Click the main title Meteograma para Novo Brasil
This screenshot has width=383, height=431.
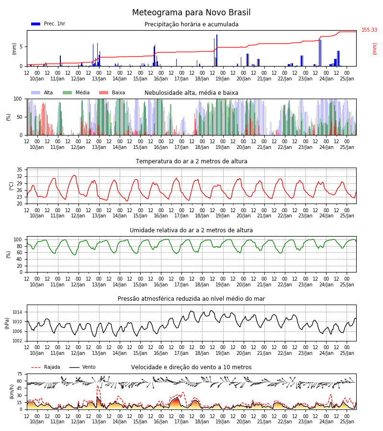tap(191, 12)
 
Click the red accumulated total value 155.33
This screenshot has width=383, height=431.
tap(369, 30)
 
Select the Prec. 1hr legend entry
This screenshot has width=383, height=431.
tap(48, 24)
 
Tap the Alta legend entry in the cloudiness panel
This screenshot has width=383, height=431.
tap(42, 92)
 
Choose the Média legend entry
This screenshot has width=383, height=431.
tap(76, 92)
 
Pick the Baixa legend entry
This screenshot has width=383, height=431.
tap(112, 92)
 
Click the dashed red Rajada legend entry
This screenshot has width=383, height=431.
tap(45, 367)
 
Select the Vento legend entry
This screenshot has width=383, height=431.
tap(82, 367)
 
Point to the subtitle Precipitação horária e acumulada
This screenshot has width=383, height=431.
tap(191, 24)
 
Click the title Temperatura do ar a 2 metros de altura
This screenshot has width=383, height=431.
tap(191, 161)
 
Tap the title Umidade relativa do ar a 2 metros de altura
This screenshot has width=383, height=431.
tap(191, 230)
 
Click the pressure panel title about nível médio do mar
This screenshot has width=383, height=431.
tap(191, 299)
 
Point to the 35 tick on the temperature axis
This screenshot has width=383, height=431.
tap(20, 170)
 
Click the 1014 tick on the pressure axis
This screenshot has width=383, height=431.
tap(18, 312)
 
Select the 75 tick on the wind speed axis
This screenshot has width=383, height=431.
tap(20, 374)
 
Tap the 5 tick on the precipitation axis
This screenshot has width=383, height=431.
tap(21, 47)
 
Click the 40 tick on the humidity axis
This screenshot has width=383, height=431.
tap(20, 259)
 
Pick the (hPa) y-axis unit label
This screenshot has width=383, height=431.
tap(7, 323)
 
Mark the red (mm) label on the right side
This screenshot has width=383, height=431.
tap(374, 49)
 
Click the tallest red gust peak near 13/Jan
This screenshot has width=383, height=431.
tap(98, 386)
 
